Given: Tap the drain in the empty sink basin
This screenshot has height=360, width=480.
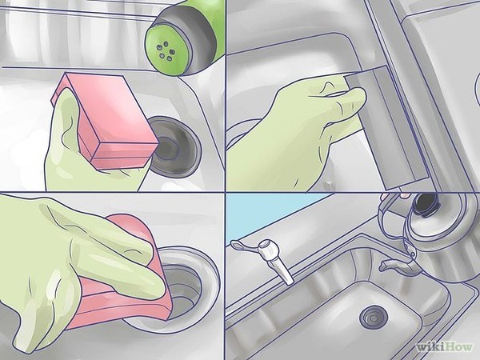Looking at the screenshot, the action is click(374, 317).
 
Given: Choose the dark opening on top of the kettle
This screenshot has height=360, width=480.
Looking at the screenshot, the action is click(426, 203).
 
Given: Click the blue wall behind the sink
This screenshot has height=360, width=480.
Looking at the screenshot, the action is click(270, 214).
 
